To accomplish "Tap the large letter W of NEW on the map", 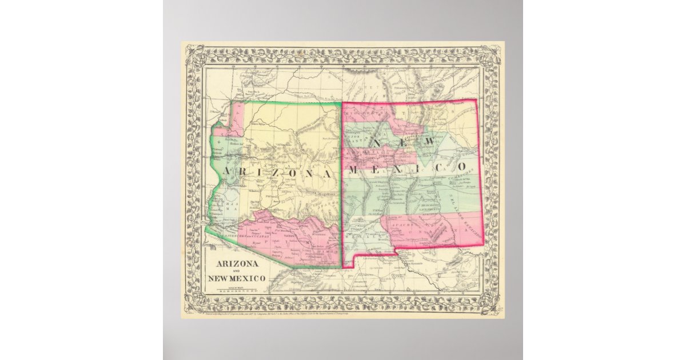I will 426,141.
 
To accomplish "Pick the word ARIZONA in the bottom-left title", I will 236,263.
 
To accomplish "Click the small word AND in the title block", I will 236,271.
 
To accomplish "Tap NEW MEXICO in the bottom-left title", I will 236,279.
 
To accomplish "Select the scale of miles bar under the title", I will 236,290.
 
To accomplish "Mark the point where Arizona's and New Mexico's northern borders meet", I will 342,103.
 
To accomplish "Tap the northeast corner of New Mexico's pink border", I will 476,100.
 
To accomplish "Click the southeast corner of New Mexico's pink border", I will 484,244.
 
